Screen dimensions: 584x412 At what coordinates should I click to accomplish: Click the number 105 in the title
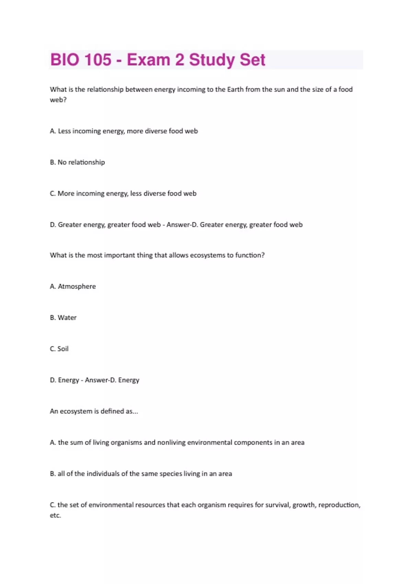pos(98,60)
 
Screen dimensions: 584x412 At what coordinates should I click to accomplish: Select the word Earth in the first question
pos(235,89)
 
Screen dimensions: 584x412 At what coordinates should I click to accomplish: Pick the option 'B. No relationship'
pos(77,162)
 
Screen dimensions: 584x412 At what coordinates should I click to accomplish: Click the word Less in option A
pos(64,131)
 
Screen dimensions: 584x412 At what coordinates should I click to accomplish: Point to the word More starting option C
pos(66,193)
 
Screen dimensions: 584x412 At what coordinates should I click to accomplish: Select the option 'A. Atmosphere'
pos(73,287)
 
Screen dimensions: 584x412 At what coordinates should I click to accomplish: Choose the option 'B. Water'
pos(63,318)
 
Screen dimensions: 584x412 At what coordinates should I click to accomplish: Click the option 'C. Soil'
pos(59,349)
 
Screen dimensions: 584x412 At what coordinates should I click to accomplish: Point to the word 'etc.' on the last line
pos(55,515)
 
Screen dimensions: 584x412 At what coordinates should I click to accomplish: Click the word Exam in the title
pos(149,60)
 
